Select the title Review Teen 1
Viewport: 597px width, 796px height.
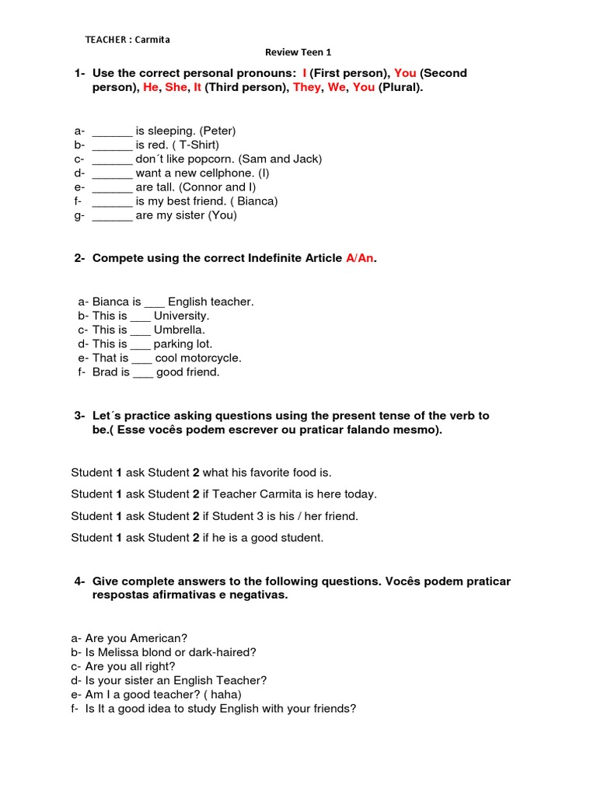[298, 53]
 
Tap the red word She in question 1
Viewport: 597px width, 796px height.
[176, 88]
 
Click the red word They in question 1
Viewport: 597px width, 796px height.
[306, 88]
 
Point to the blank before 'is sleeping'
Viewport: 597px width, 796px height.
[112, 131]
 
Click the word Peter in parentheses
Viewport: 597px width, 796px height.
[217, 131]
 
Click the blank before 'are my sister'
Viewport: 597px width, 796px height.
[112, 215]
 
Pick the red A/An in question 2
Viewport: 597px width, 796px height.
[360, 258]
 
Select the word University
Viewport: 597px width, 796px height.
[181, 316]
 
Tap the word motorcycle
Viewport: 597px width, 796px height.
[212, 358]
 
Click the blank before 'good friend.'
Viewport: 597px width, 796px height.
[143, 372]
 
